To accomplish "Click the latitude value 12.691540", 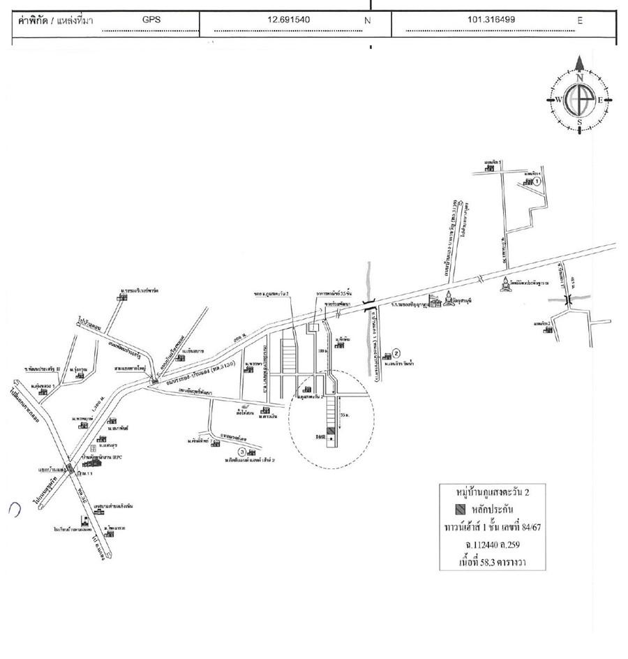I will click(x=289, y=20).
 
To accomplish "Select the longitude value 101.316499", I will click(x=491, y=20).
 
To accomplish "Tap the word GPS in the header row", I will click(x=151, y=20).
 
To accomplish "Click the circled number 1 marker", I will click(x=537, y=182).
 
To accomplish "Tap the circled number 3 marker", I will click(x=242, y=451).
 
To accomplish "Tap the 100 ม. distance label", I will click(x=322, y=351).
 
